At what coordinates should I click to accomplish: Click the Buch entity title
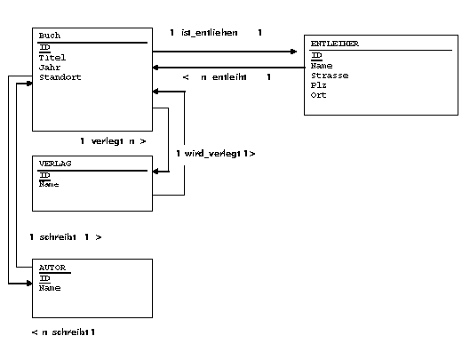tap(50, 36)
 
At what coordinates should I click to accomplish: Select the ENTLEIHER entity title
tap(335, 44)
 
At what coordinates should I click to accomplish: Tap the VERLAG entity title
tap(55, 164)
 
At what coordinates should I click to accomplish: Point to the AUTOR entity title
tap(52, 268)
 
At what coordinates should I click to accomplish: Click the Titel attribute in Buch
tap(52, 57)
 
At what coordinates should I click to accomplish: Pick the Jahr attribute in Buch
tap(50, 68)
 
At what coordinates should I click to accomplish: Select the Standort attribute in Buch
tap(60, 77)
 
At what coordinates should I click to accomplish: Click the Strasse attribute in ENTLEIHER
tap(330, 76)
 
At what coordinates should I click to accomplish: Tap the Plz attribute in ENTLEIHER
tap(318, 85)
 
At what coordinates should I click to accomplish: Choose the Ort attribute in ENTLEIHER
tap(318, 95)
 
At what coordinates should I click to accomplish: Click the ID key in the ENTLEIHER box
tap(316, 55)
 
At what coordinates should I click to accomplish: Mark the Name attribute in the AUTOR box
tap(50, 288)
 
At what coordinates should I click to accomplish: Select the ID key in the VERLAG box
tap(44, 175)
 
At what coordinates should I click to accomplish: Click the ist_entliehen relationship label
tap(209, 32)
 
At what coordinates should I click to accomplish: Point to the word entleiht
tap(229, 77)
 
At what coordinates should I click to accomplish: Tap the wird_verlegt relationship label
tap(212, 154)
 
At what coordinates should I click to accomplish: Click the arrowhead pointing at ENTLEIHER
tap(293, 52)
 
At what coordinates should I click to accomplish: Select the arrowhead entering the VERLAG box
tap(155, 172)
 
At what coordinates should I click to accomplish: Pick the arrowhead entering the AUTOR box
tap(28, 284)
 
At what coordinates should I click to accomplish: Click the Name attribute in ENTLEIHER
tap(322, 66)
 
